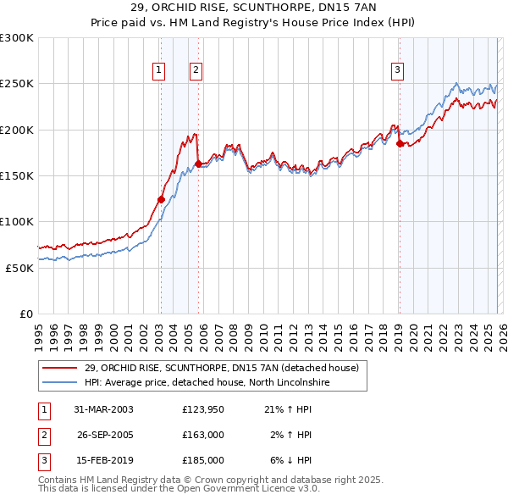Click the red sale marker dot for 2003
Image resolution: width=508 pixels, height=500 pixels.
(x=161, y=200)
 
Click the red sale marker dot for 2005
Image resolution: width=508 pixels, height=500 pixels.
(x=198, y=164)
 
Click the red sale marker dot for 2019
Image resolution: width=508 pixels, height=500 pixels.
(x=399, y=144)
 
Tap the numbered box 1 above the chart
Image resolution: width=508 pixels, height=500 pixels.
(x=159, y=70)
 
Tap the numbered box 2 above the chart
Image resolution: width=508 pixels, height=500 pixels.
(x=196, y=70)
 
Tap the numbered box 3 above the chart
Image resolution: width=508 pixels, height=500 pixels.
(x=397, y=70)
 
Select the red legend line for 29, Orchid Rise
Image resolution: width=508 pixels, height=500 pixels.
(x=61, y=368)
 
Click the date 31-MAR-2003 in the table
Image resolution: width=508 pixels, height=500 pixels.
(x=103, y=409)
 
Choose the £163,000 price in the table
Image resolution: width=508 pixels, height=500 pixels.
(x=203, y=435)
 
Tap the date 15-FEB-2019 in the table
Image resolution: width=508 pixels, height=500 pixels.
(x=103, y=460)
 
